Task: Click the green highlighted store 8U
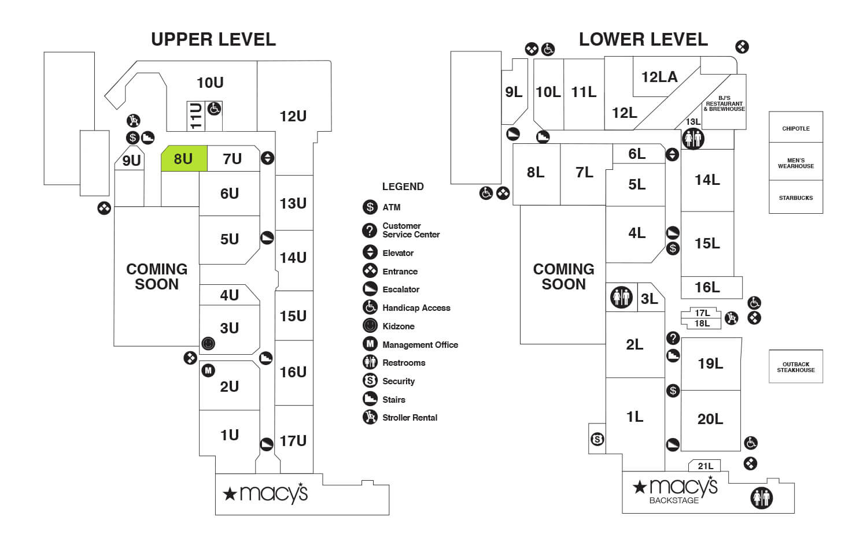tap(183, 159)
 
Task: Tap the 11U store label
tap(196, 116)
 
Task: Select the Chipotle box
tap(795, 128)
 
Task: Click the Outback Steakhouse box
tap(795, 367)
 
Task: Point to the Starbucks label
tap(795, 198)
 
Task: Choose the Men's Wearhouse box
tap(795, 163)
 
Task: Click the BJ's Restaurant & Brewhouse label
tap(724, 104)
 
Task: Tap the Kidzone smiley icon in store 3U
tap(208, 344)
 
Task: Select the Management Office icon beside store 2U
tap(208, 370)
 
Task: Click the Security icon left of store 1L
tap(597, 440)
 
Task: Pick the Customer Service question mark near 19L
tap(673, 338)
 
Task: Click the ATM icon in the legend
tap(370, 207)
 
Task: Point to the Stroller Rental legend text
tap(409, 418)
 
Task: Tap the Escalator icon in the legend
tap(370, 289)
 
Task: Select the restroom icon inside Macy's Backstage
tap(761, 497)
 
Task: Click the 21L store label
tap(705, 466)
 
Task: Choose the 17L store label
tap(702, 313)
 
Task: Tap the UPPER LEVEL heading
tap(213, 39)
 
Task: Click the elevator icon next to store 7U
tap(267, 158)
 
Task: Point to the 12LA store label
tap(659, 77)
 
